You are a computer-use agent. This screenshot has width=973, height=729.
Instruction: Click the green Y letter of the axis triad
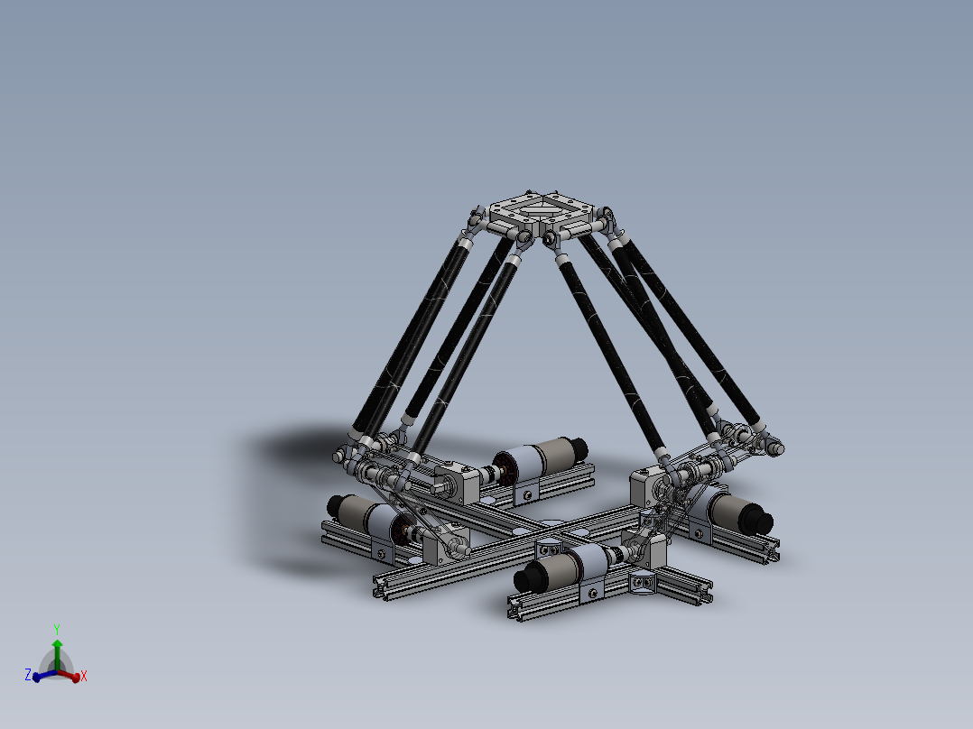pyautogui.click(x=56, y=629)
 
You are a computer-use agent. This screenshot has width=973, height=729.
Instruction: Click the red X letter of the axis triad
pyautogui.click(x=83, y=676)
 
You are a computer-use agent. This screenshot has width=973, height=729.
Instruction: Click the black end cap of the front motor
pyautogui.click(x=525, y=578)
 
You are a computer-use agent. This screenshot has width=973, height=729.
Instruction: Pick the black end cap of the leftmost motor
pyautogui.click(x=335, y=505)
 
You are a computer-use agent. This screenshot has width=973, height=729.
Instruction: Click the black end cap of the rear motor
pyautogui.click(x=578, y=448)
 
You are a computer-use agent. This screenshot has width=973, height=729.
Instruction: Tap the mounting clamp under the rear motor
pyautogui.click(x=527, y=492)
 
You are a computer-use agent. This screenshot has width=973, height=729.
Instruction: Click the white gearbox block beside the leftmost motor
pyautogui.click(x=449, y=545)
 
